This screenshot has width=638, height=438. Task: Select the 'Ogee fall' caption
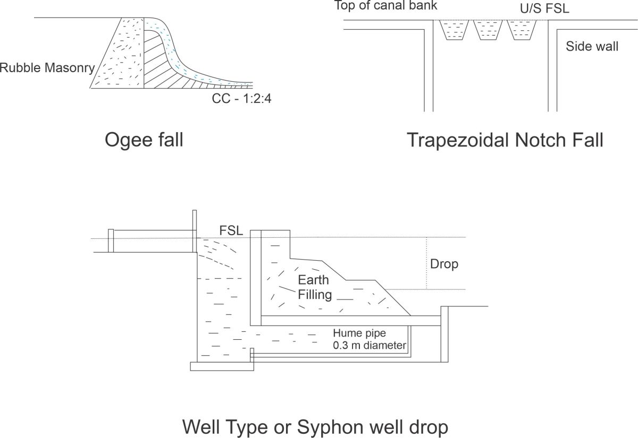pos(144,140)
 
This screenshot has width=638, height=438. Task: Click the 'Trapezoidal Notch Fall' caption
pos(505,140)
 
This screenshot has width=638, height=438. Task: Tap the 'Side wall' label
pos(592,46)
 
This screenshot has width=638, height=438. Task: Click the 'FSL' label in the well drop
pos(231,231)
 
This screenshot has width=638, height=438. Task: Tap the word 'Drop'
pos(444,264)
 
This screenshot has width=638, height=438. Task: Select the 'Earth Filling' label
pos(314,287)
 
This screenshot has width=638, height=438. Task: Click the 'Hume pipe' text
pos(359,333)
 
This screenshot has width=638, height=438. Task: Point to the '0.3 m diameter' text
pos(370,346)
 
